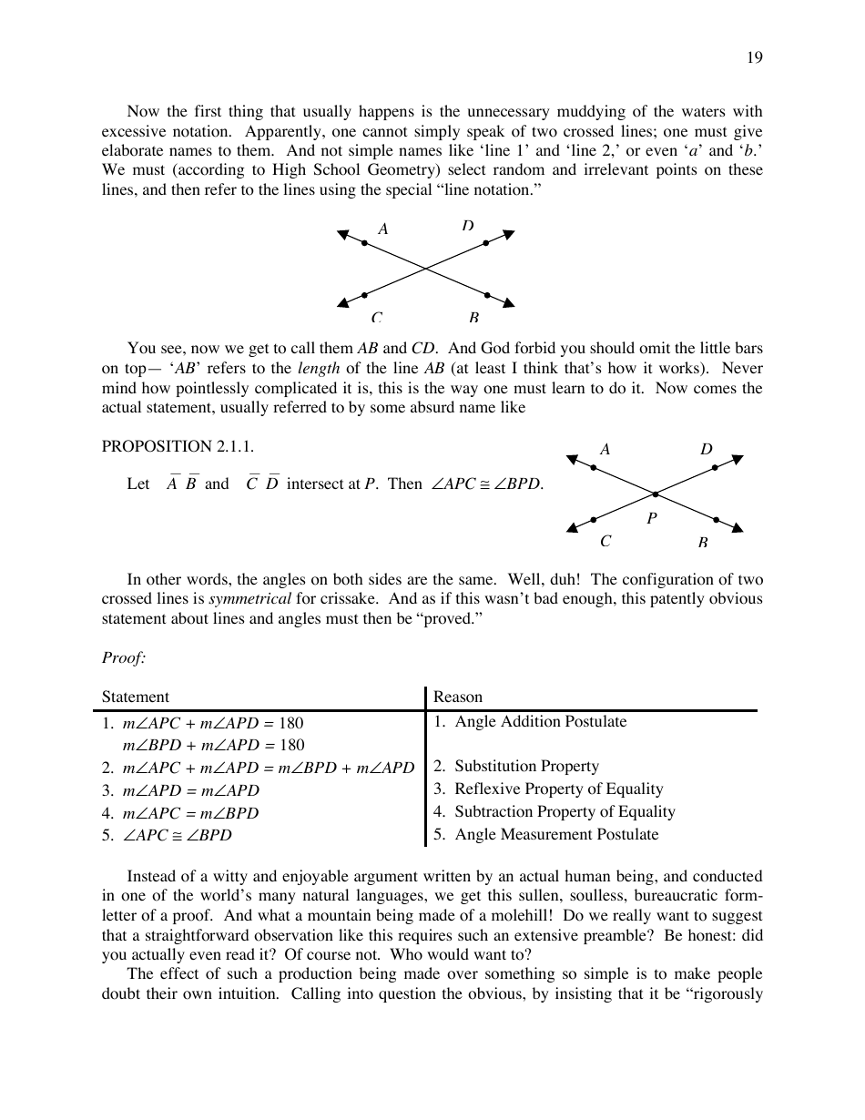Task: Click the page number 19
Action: tap(755, 58)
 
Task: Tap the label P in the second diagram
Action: tap(651, 518)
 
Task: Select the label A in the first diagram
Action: tap(383, 229)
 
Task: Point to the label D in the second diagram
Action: tap(707, 449)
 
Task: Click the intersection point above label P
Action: tap(655, 494)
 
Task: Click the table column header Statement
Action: tap(136, 697)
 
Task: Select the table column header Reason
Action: tap(458, 697)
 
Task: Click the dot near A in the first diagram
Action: tap(364, 243)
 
